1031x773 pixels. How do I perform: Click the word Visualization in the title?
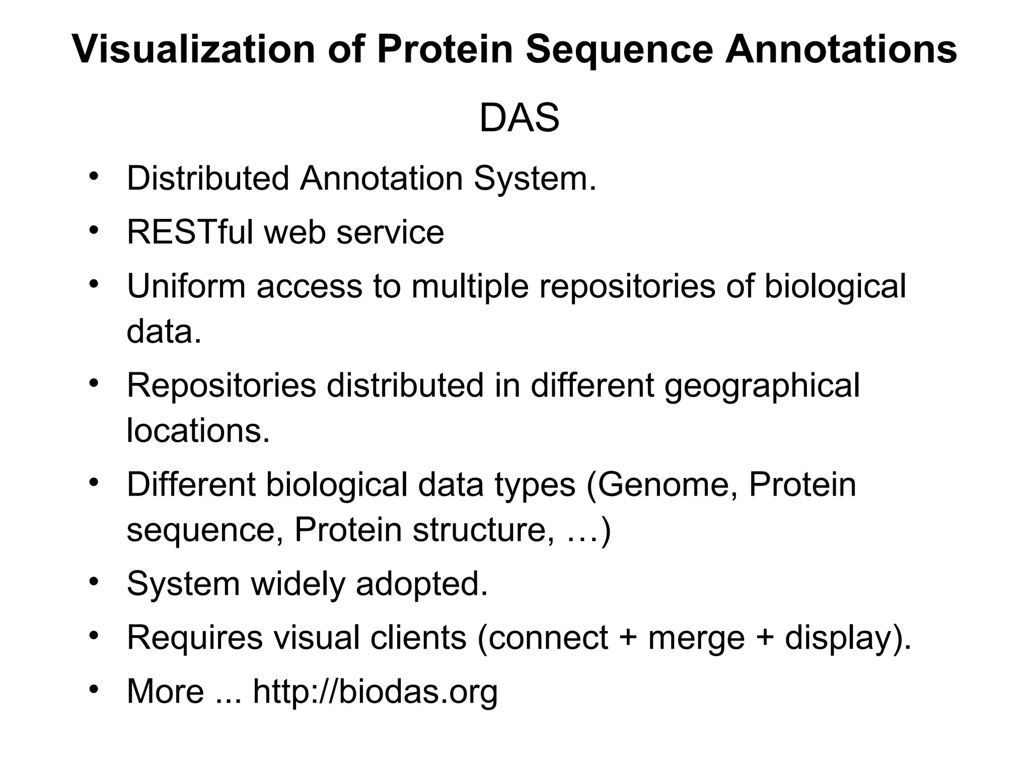coord(193,49)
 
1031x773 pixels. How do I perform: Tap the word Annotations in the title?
coord(841,49)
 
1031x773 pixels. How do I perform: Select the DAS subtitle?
coord(519,118)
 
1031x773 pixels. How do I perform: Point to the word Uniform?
coord(186,286)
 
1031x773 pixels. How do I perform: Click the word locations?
coord(198,431)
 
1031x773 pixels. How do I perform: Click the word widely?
coord(298,584)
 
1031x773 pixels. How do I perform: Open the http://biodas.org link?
coord(375,691)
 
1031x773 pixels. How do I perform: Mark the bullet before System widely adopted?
coord(93,582)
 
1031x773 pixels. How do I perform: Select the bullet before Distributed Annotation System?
coord(93,177)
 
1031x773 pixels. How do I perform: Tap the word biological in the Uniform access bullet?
coord(835,286)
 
